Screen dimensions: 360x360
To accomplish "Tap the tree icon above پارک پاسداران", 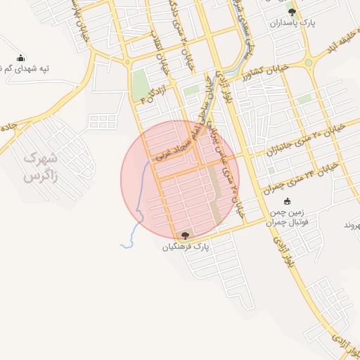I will pos(292,12).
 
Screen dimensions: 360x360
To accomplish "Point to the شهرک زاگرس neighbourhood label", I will pos(39,167).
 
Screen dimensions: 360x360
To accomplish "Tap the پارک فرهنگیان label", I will pos(186,247).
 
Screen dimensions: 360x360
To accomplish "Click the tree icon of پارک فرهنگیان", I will pos(185,236).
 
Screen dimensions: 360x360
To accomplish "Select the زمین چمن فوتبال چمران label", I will pos(286,217).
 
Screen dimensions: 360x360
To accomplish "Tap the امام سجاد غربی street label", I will pos(176,144).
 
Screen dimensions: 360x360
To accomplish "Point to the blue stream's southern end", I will pos(122,246).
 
